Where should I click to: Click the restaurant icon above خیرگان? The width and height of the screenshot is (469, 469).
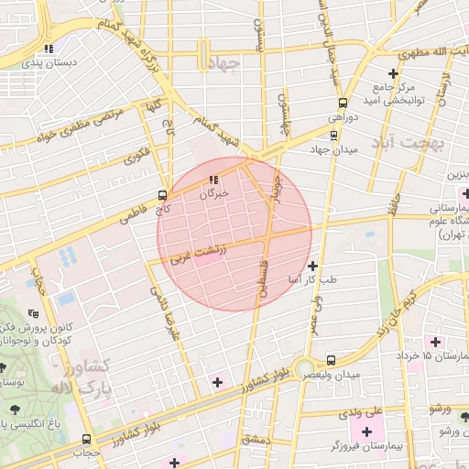(213, 180)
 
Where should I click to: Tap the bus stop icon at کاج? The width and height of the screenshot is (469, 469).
(162, 194)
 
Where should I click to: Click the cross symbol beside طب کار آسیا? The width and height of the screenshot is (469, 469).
(312, 265)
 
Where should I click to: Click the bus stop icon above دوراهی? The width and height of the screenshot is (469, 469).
(344, 103)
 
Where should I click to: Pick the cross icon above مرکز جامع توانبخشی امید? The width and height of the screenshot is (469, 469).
(393, 73)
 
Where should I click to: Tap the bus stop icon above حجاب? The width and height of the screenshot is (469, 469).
(87, 439)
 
